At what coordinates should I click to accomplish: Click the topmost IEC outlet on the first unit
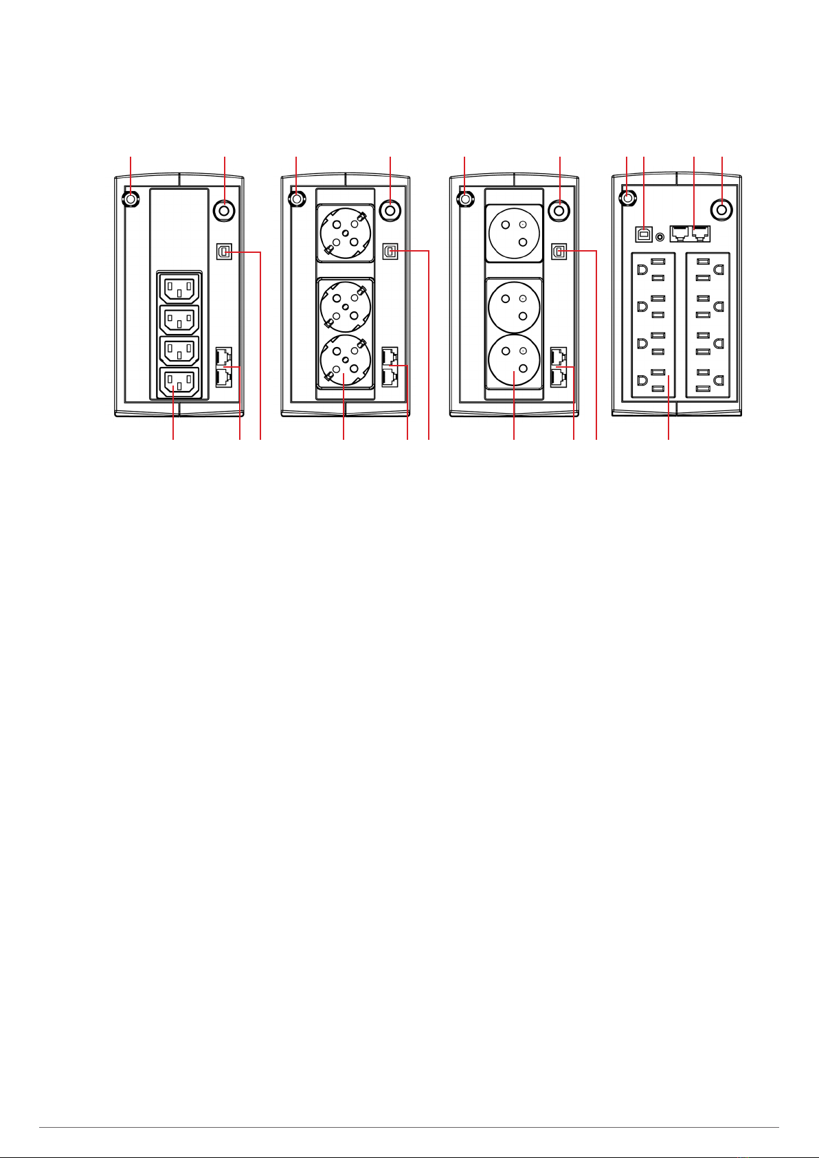click(179, 287)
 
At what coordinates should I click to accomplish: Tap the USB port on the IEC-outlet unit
click(223, 252)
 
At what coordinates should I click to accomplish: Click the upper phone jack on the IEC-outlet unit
click(223, 357)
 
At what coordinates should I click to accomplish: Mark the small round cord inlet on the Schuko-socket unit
click(296, 199)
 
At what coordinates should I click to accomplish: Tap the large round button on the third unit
click(560, 209)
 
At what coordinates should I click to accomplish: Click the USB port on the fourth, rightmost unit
click(644, 234)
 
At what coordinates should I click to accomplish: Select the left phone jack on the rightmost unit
click(680, 233)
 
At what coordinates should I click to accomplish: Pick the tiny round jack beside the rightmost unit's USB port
click(661, 236)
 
